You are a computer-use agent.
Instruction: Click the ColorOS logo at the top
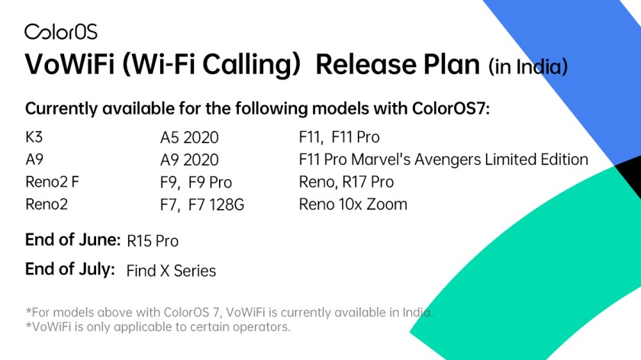point(61,31)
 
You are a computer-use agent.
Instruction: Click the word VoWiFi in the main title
point(69,64)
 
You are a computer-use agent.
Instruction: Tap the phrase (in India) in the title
point(528,66)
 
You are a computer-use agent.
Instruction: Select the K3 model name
point(34,137)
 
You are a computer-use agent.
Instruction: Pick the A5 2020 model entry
point(189,137)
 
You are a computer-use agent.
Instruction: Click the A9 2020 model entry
point(189,159)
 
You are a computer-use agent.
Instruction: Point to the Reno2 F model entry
point(52,182)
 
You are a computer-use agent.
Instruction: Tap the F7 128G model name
point(216,204)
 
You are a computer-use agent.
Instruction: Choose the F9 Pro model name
point(210,182)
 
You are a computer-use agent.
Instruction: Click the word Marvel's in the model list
point(381,159)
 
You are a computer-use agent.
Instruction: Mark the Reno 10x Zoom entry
point(353,204)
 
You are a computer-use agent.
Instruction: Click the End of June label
point(72,239)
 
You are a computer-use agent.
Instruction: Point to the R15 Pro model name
point(153,241)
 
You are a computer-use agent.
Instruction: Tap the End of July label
point(70,269)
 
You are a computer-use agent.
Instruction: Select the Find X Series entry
point(171,271)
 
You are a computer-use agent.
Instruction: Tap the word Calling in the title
point(252,65)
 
